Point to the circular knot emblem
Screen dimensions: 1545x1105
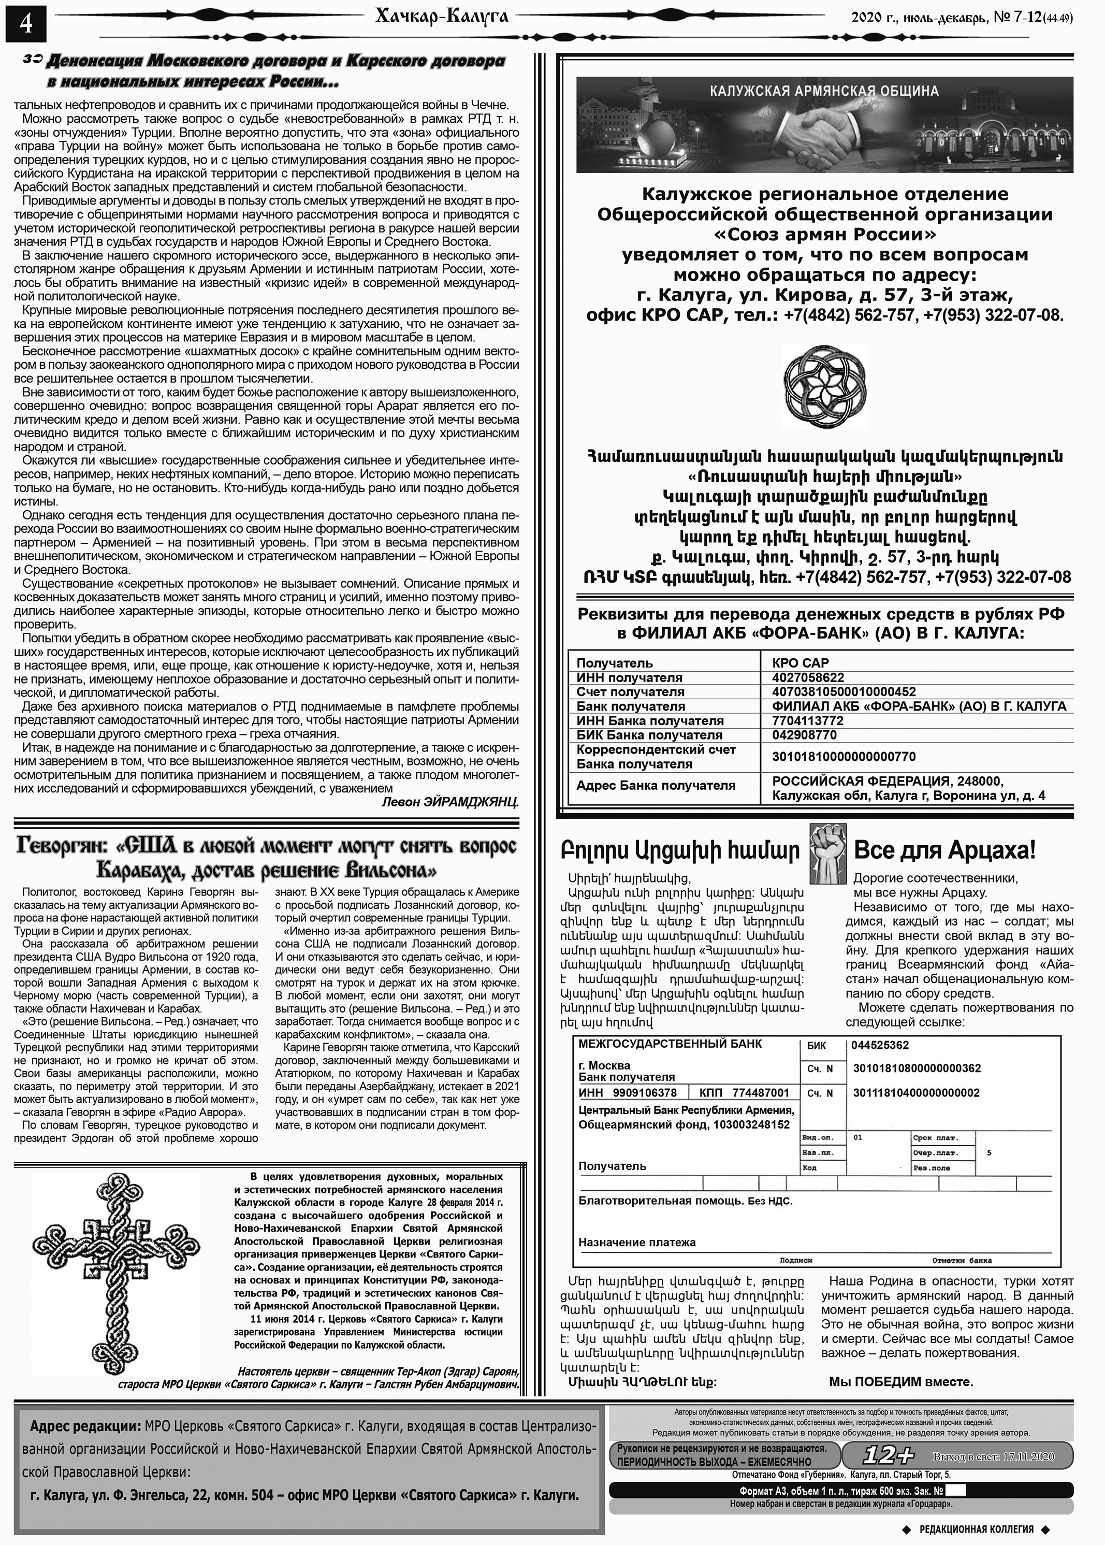click(x=825, y=386)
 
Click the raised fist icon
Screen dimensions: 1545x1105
click(x=827, y=853)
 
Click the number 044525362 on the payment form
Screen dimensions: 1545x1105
click(x=880, y=1045)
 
